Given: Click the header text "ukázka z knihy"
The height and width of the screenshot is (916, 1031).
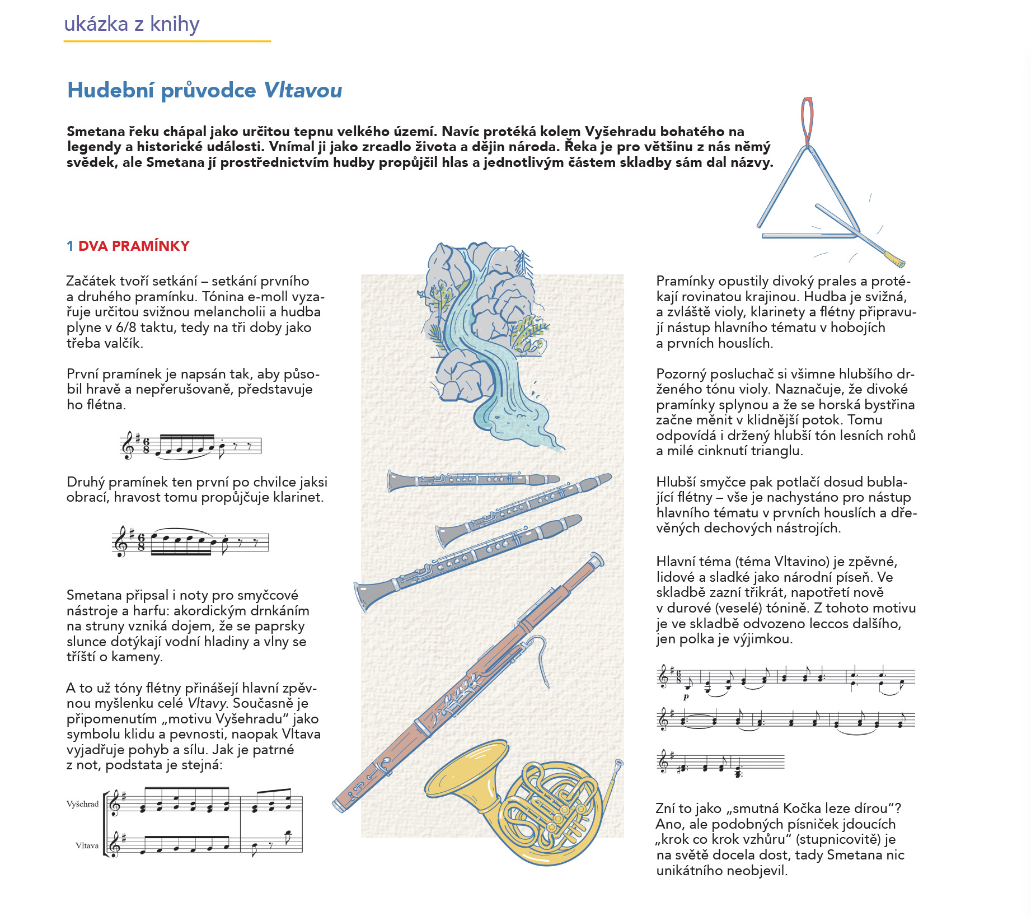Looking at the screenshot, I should tap(132, 24).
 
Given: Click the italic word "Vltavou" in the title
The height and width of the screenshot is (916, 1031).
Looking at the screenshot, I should tap(302, 90).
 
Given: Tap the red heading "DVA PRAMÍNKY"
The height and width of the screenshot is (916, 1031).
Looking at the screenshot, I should tap(134, 246).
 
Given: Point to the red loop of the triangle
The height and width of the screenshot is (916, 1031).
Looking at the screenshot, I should tap(807, 120).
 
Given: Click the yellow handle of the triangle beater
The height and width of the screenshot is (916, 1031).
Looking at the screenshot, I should tap(894, 259).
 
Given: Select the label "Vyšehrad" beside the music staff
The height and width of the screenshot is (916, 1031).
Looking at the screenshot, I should tap(82, 804).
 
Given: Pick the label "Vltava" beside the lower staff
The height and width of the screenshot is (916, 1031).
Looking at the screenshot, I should tap(87, 845).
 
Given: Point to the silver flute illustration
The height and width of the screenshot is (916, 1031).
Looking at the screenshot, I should tap(473, 480).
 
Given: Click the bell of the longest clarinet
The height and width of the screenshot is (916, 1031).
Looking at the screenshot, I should tap(364, 595).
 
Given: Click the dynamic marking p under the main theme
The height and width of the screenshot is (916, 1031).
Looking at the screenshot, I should tap(686, 697).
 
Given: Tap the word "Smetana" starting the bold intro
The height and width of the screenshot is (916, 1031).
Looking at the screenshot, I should tap(95, 132).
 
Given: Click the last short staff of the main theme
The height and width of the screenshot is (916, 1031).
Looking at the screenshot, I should tap(721, 763).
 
